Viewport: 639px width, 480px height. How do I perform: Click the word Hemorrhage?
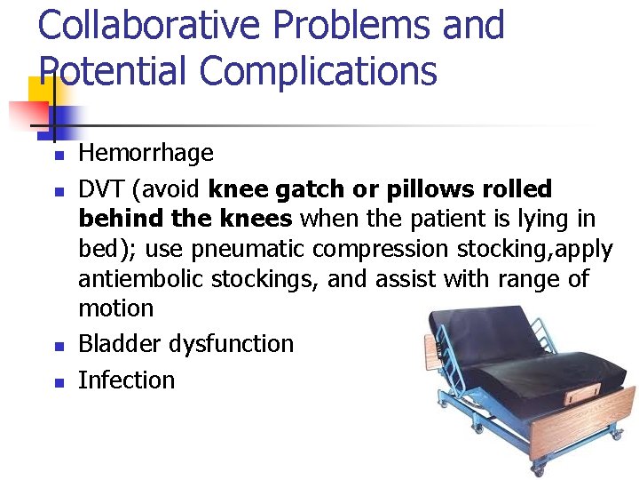coord(146,153)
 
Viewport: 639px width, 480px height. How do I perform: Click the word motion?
coord(115,309)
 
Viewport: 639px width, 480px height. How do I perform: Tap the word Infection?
coord(126,380)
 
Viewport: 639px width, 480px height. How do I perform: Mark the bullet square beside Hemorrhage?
coord(56,156)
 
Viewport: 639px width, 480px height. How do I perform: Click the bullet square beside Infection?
coord(56,382)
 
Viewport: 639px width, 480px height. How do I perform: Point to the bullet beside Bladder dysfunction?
coord(56,346)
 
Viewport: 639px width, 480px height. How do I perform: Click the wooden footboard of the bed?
coord(586,427)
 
